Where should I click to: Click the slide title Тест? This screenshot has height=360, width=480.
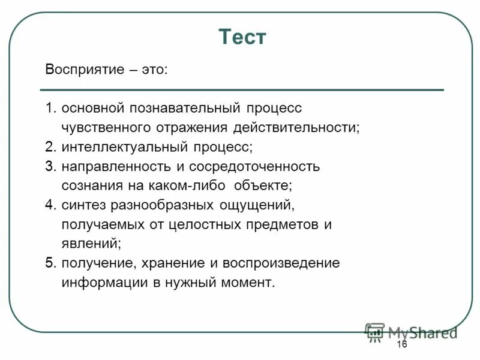point(242,37)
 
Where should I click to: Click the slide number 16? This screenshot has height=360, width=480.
point(401,344)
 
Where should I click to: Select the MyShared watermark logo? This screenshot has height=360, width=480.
point(411,332)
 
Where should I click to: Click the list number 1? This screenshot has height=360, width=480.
point(49,109)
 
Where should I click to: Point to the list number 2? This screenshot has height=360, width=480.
point(49,147)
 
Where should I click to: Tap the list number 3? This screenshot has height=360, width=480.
point(49,166)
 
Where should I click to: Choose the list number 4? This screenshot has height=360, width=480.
point(49,205)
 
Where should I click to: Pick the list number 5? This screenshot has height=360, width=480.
point(49,263)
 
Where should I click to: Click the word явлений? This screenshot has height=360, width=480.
point(91,244)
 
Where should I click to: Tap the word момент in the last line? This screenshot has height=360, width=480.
point(248,283)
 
